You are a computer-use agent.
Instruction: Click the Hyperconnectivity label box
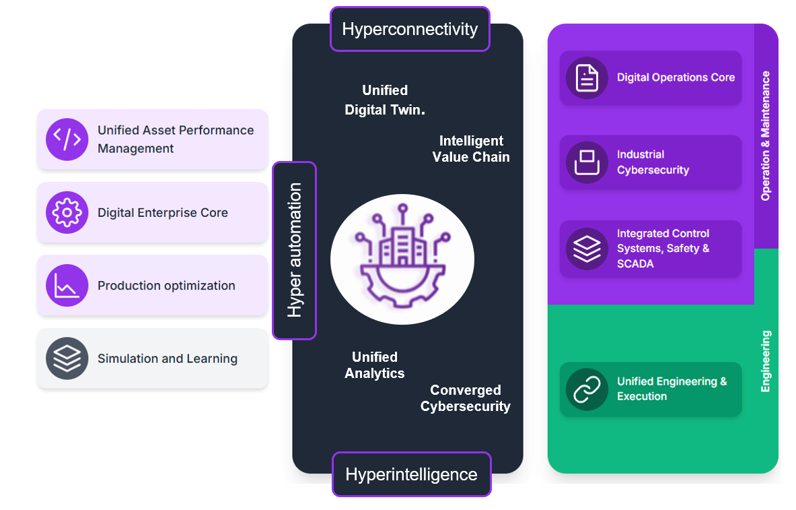point(410,29)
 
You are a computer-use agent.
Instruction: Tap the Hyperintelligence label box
point(411,474)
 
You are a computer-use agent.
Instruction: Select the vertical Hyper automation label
point(294,250)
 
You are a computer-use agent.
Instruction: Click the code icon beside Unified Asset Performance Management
point(67,139)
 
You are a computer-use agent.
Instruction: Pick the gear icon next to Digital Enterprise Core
point(67,212)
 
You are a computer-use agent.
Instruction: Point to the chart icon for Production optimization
point(67,286)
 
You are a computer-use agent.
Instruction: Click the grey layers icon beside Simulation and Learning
point(67,358)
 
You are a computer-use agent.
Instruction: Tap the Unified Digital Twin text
point(385,100)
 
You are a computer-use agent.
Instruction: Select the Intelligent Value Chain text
point(471,149)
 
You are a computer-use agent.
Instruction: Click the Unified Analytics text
point(375,365)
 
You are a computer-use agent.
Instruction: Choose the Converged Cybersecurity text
point(466,398)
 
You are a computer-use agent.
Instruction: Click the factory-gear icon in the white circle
point(402,259)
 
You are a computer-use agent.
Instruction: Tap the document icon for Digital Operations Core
point(587,77)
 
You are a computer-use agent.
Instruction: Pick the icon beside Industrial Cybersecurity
point(587,162)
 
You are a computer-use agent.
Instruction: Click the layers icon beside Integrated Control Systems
point(587,249)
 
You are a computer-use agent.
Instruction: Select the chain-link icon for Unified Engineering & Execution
point(587,389)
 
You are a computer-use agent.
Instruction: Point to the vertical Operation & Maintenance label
point(766,136)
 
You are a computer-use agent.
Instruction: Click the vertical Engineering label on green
point(766,361)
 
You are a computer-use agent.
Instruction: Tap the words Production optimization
point(166,286)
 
